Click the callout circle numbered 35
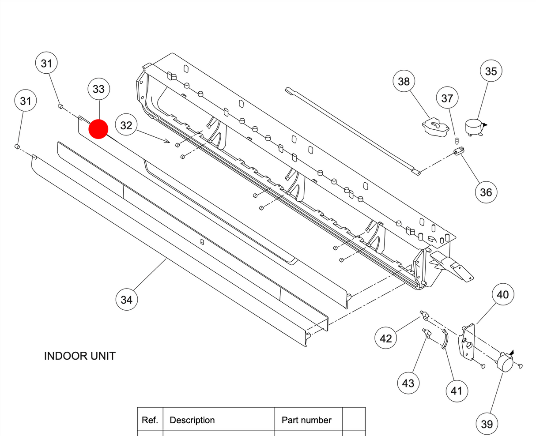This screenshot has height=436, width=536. [x=491, y=71]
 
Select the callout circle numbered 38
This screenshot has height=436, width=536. [x=404, y=81]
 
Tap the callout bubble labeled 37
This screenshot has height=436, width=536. [x=447, y=98]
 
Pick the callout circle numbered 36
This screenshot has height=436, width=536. [x=486, y=192]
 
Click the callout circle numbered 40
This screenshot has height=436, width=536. [x=503, y=294]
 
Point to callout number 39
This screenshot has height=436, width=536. [x=487, y=424]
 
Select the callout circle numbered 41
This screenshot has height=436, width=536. [x=456, y=391]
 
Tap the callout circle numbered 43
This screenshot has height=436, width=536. [x=408, y=383]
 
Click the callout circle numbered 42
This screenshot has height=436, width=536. [x=385, y=338]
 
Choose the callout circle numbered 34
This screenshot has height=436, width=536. [x=126, y=300]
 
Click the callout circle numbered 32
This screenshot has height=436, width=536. [x=126, y=125]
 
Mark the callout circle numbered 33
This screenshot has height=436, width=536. [x=98, y=89]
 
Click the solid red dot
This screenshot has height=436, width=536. [x=98, y=129]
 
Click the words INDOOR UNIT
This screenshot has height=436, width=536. [x=80, y=356]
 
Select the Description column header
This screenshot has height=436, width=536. [x=192, y=420]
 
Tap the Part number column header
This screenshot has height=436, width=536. [x=306, y=420]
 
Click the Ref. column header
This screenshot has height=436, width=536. [x=150, y=420]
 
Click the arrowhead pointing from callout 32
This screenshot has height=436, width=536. [x=168, y=141]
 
